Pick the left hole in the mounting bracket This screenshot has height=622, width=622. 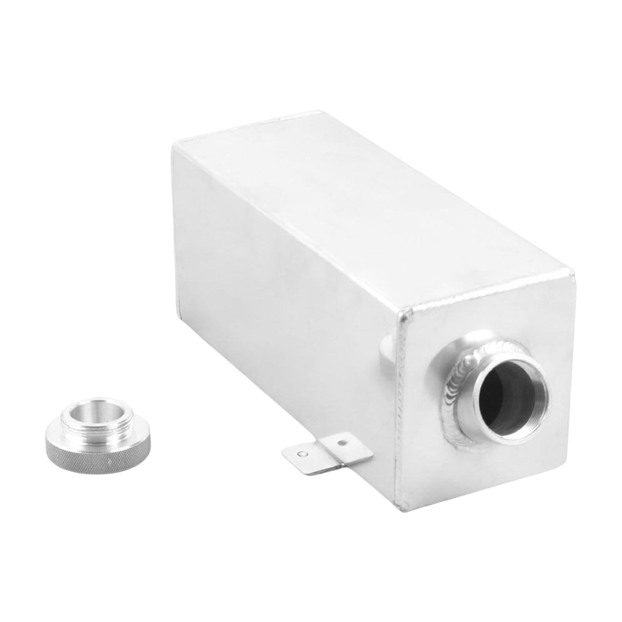[x=302, y=453]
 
